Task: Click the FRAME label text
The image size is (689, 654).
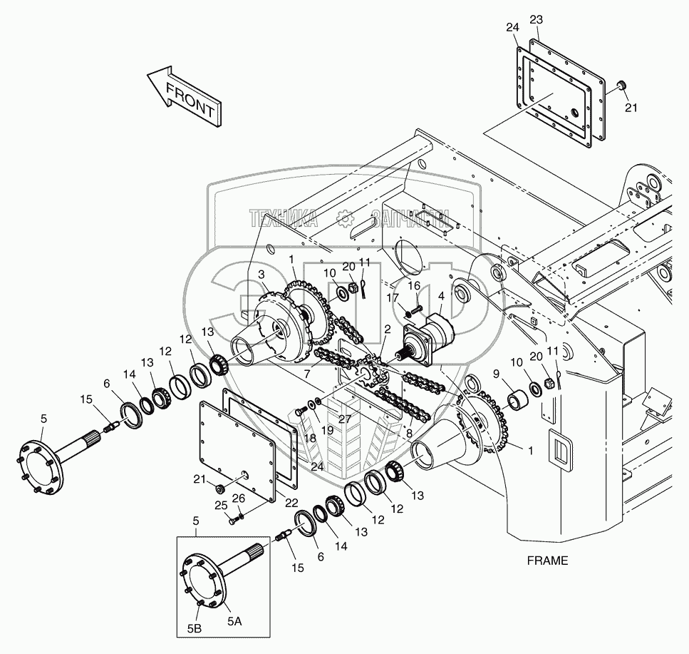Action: click(x=547, y=561)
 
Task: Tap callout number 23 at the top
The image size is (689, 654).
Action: click(x=536, y=20)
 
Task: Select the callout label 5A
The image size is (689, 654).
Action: click(x=234, y=620)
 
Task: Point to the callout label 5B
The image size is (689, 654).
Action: click(x=195, y=629)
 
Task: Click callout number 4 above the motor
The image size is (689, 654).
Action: click(x=441, y=296)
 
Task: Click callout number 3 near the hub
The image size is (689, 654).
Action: click(x=261, y=275)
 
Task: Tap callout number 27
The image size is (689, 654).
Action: click(x=345, y=419)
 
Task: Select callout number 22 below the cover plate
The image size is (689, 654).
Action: click(x=291, y=503)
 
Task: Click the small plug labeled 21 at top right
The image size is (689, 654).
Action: click(x=621, y=86)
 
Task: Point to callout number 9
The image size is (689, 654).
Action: click(x=496, y=374)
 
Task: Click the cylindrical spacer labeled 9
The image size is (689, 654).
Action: click(x=517, y=399)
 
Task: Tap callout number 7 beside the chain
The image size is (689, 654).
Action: click(x=307, y=374)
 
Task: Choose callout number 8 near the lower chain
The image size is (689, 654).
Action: click(x=409, y=433)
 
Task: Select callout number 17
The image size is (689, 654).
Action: click(x=393, y=299)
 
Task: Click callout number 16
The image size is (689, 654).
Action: click(x=414, y=286)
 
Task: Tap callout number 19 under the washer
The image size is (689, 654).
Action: click(x=327, y=430)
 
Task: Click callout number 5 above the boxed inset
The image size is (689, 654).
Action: click(x=196, y=521)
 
